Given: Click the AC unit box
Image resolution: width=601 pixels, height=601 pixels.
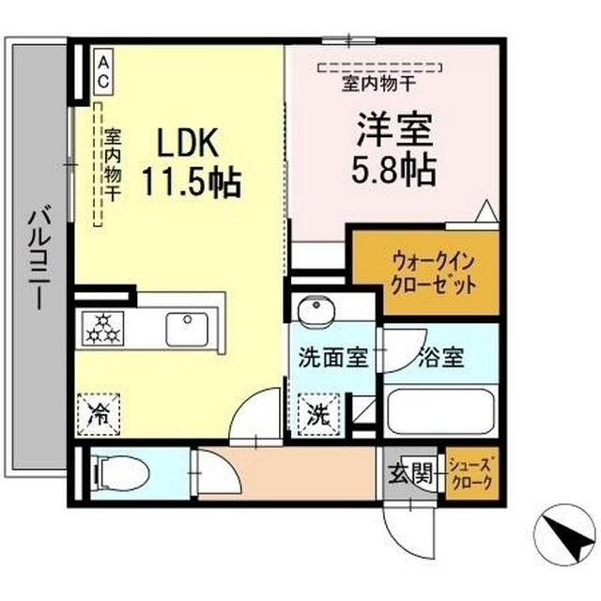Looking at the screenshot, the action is tap(103, 70).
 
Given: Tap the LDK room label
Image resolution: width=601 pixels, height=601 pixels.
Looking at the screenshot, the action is tap(188, 142).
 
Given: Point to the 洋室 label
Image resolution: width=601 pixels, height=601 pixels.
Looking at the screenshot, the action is tap(394, 130).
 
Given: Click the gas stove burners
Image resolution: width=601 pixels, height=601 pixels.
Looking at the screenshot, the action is tap(102, 329).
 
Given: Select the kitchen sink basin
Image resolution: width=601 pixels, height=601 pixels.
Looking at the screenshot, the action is tap(187, 330).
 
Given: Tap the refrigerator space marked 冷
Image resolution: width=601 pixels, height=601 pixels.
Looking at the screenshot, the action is tap(99, 415).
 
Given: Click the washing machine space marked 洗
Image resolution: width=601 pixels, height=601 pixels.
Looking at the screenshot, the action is tap(319, 415).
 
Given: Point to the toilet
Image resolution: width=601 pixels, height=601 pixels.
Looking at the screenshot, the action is tap(121, 473).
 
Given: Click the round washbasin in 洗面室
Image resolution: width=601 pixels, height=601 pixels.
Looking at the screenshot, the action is tap(316, 311).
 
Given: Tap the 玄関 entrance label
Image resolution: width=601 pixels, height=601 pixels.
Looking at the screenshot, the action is tap(410, 473).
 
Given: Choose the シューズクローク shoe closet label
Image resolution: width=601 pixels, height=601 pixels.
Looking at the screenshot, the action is tap(471, 473).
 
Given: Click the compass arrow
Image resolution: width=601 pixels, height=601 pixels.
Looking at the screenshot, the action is tap(565, 535).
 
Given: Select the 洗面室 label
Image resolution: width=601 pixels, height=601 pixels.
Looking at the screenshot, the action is tap(333, 357).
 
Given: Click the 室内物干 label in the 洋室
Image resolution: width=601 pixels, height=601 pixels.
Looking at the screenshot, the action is tap(379, 84).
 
